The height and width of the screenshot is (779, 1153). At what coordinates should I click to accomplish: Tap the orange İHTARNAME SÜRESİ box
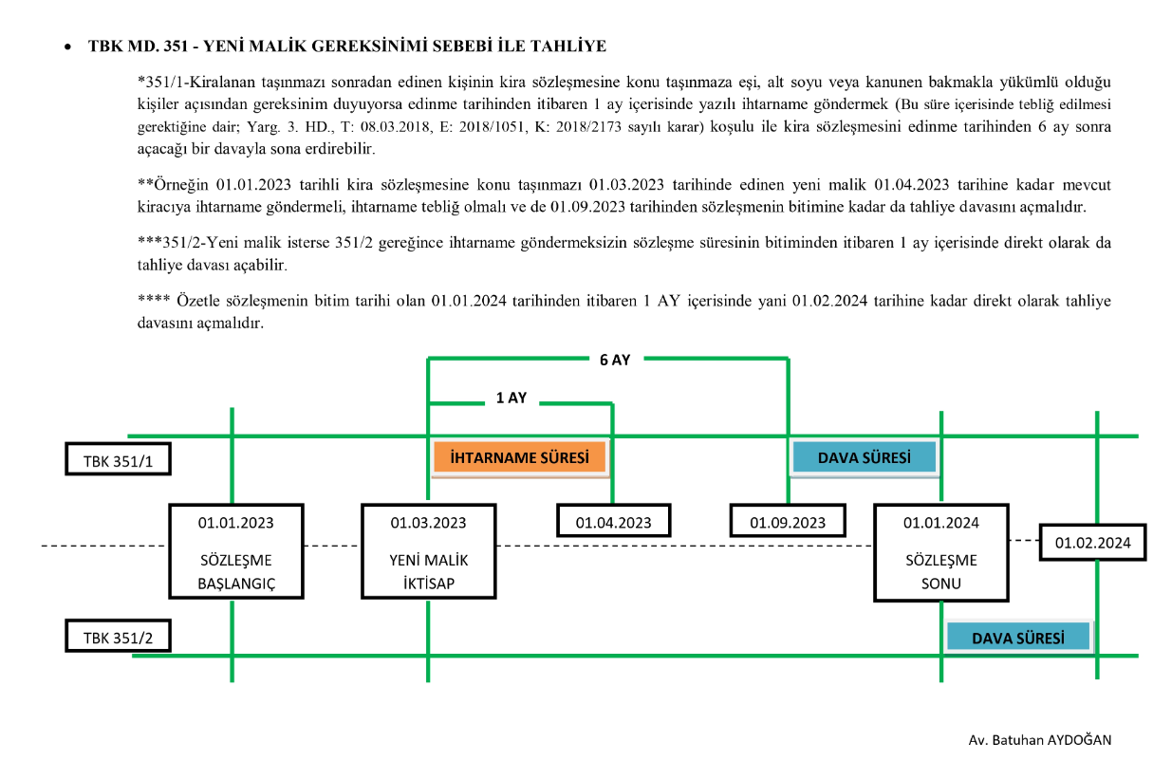tap(519, 457)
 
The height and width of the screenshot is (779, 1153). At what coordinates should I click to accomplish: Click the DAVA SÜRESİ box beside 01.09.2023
tap(864, 457)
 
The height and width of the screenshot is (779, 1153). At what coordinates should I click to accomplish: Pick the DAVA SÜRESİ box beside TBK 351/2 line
tap(1018, 638)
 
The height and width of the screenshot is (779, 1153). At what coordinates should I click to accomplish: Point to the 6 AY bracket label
tap(615, 360)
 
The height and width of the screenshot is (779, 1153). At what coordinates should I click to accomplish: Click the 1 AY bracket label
tap(511, 399)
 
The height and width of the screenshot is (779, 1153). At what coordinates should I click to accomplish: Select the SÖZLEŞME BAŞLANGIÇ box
tap(236, 551)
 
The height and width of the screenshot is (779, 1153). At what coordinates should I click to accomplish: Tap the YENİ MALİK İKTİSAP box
tap(428, 551)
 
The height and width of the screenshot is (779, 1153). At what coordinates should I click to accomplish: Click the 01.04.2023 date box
tap(614, 522)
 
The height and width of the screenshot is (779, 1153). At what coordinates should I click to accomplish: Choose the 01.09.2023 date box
tap(788, 522)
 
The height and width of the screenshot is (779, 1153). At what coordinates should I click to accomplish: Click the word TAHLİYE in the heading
tap(570, 46)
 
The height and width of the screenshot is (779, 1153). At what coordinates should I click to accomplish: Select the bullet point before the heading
tap(68, 46)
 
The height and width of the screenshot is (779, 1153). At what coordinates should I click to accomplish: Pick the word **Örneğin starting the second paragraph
tap(175, 183)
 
